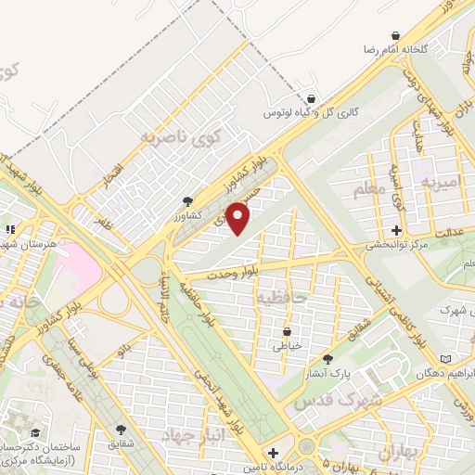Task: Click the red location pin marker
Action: coord(238,219)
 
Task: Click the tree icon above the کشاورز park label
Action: coord(188,200)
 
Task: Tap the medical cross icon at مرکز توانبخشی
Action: coord(397,230)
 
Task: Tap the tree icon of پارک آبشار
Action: coord(327,360)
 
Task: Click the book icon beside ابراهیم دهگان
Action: coord(446,359)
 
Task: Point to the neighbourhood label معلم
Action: coord(367,191)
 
